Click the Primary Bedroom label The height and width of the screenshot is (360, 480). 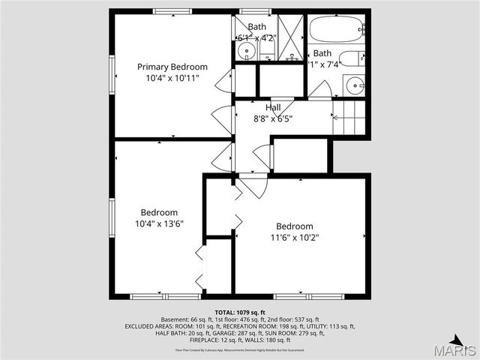tap(172, 67)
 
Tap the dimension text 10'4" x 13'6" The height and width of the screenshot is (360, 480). tap(159, 223)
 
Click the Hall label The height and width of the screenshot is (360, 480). tap(273, 108)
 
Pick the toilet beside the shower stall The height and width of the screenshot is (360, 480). tap(267, 49)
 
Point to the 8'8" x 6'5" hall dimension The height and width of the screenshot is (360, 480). tap(273, 118)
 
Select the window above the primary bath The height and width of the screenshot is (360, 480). tap(255, 10)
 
